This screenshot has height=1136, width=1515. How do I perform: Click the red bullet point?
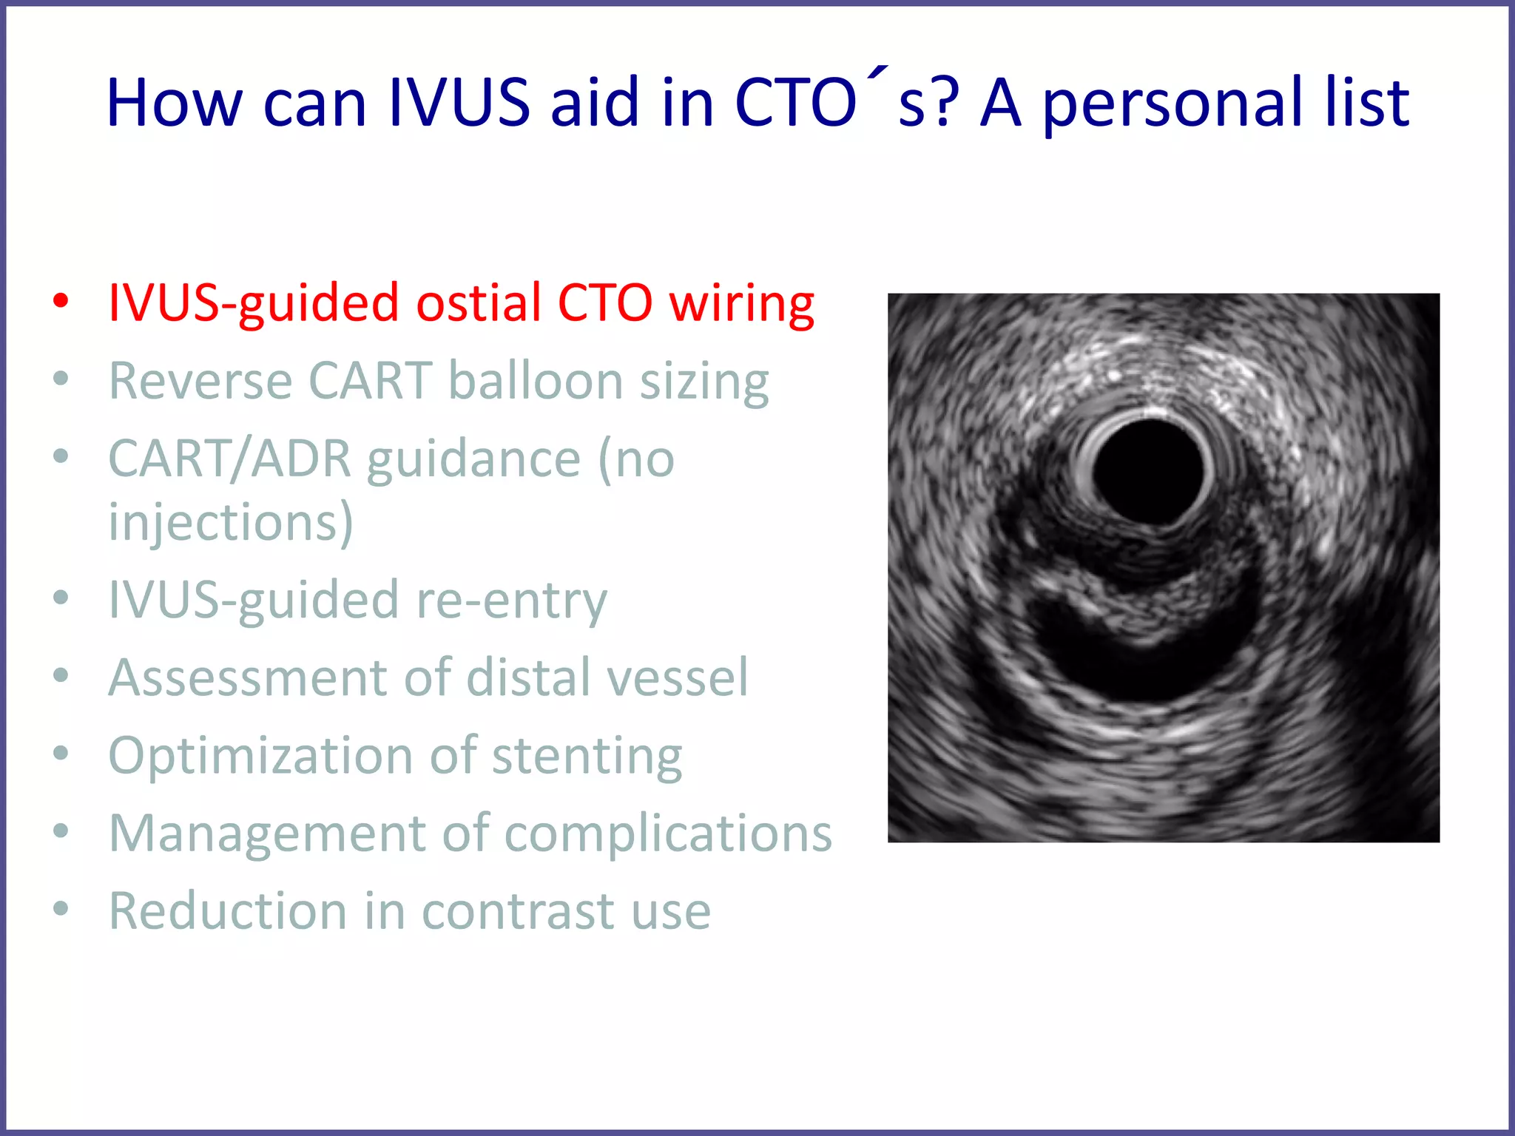[x=61, y=301]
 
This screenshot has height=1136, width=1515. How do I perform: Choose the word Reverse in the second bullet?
[x=200, y=381]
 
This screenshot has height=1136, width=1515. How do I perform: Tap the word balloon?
[x=536, y=381]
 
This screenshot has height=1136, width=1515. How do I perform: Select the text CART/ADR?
[x=229, y=459]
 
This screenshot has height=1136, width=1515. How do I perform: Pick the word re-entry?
[x=511, y=600]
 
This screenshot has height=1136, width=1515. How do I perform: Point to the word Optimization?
[x=260, y=756]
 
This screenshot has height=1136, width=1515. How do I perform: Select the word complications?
[x=668, y=834]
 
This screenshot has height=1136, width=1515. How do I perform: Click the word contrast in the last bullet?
[x=517, y=911]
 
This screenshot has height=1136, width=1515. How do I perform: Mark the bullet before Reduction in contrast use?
[x=61, y=908]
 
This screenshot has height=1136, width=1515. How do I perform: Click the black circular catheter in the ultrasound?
[x=1149, y=471]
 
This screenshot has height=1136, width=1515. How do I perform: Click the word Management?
[x=267, y=834]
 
